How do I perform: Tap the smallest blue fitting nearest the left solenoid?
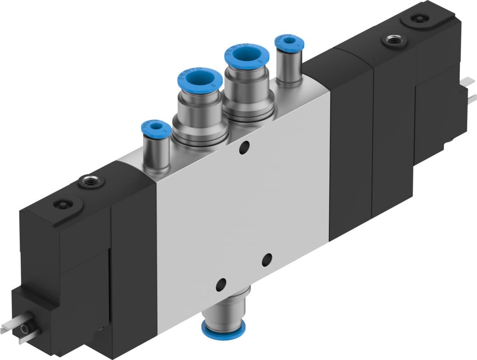tap(156, 127)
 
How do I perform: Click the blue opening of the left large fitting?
tap(199, 80)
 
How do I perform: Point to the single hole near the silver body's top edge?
tap(244, 147)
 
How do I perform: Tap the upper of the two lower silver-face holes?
tap(267, 260)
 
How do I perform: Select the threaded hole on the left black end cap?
tap(91, 182)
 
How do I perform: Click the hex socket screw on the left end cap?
tap(62, 204)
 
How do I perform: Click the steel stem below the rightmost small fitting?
tap(289, 68)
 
